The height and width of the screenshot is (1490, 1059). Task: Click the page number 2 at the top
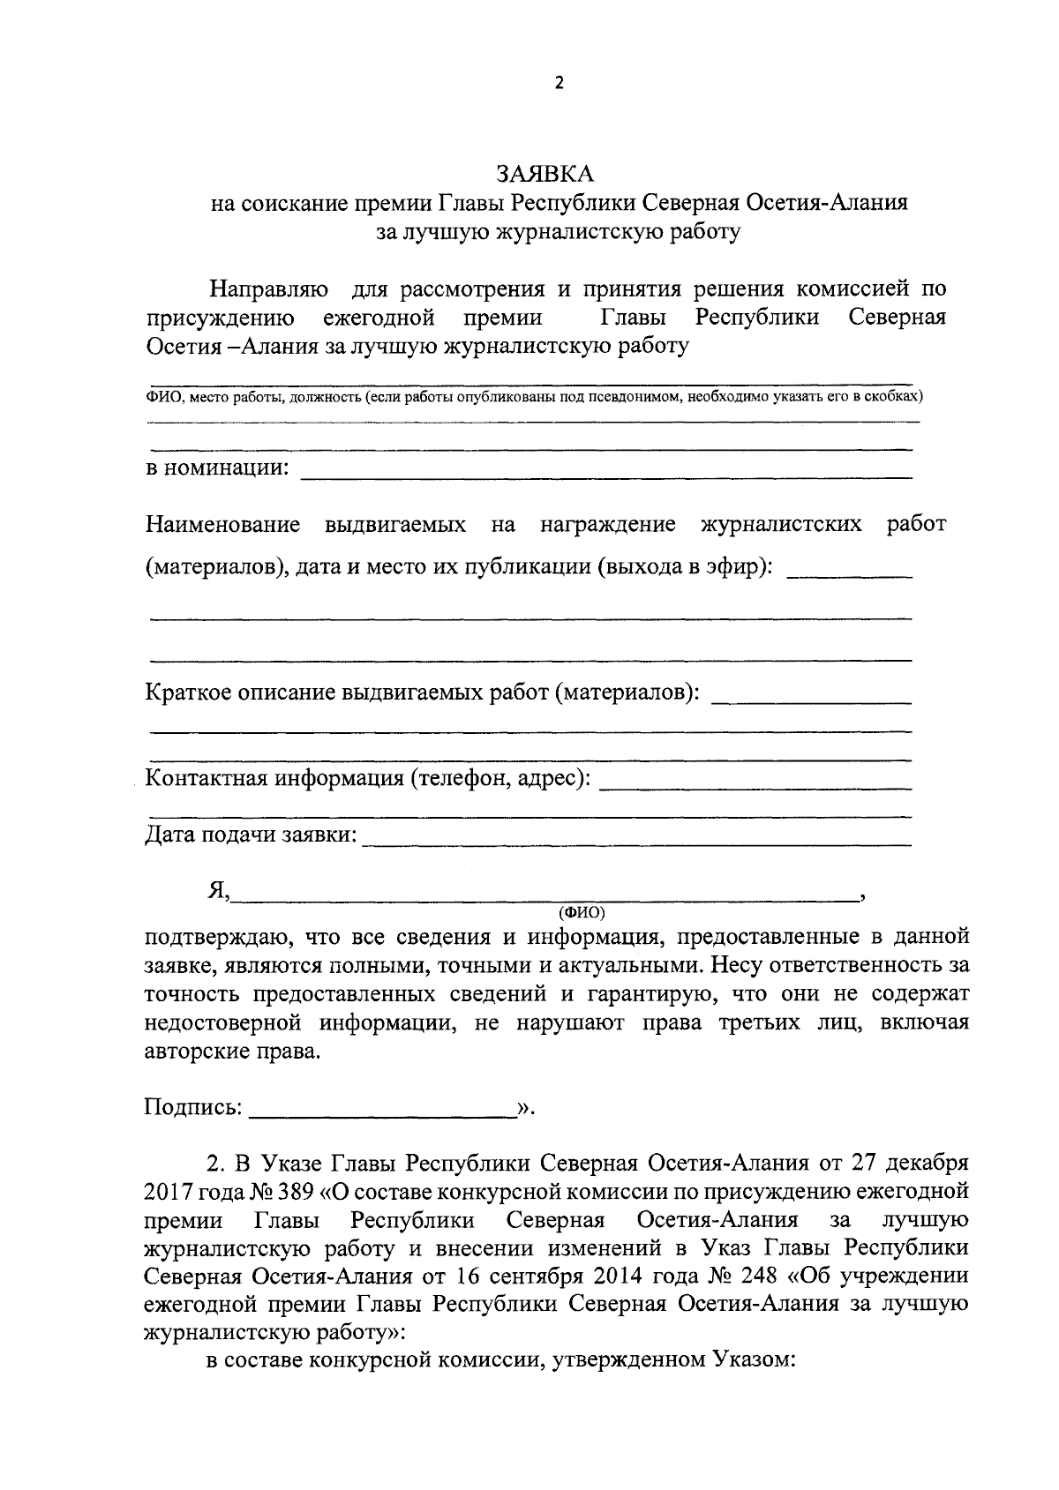[x=557, y=84]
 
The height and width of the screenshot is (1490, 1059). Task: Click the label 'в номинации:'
[x=216, y=468]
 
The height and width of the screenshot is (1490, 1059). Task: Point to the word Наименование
[x=222, y=525]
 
